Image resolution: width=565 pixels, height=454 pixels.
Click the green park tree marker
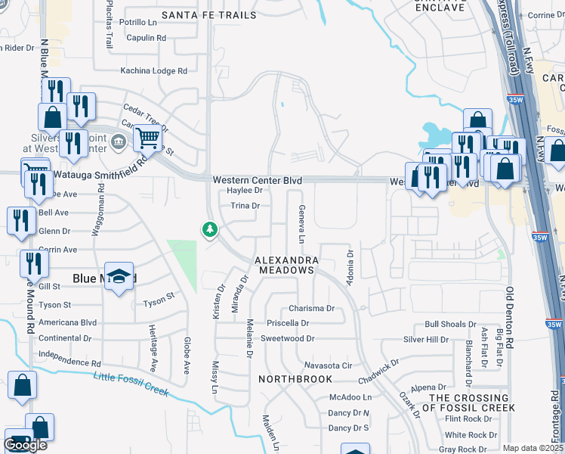click(209, 229)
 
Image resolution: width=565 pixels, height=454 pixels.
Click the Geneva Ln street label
click(301, 224)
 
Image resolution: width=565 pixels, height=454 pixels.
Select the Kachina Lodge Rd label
click(154, 71)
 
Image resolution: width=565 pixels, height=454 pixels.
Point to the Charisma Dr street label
click(311, 309)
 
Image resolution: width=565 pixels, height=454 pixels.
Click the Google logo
click(25, 445)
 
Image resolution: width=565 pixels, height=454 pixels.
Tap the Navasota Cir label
click(326, 365)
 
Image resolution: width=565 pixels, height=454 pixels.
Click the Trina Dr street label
click(245, 206)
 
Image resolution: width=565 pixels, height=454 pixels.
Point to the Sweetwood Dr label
click(287, 339)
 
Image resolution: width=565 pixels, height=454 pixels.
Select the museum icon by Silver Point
click(118, 141)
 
